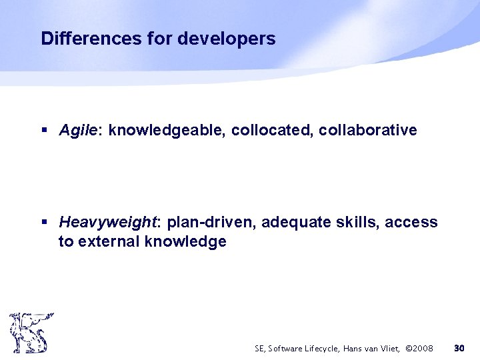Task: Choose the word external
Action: coord(105,241)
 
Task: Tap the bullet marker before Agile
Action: coord(44,131)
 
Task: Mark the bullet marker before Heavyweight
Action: coord(44,222)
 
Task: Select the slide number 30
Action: coord(459,348)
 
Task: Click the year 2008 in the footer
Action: coord(421,349)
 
